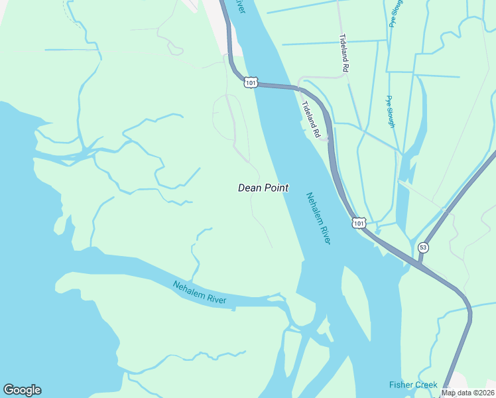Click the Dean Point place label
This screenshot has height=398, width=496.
[263, 188]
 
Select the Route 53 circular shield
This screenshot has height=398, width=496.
[423, 247]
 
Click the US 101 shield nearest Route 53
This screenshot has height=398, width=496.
[358, 224]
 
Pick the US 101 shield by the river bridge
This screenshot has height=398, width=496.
[250, 82]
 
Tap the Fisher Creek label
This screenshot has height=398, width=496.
[413, 385]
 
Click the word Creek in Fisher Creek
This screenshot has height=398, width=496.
[426, 385]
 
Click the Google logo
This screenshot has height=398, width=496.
[22, 390]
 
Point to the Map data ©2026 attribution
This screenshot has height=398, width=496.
[467, 393]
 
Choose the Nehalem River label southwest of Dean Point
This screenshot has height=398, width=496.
[200, 293]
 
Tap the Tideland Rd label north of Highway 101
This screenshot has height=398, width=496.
[344, 52]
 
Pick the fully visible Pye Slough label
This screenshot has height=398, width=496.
[391, 111]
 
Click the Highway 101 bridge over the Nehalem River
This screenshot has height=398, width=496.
[273, 85]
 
